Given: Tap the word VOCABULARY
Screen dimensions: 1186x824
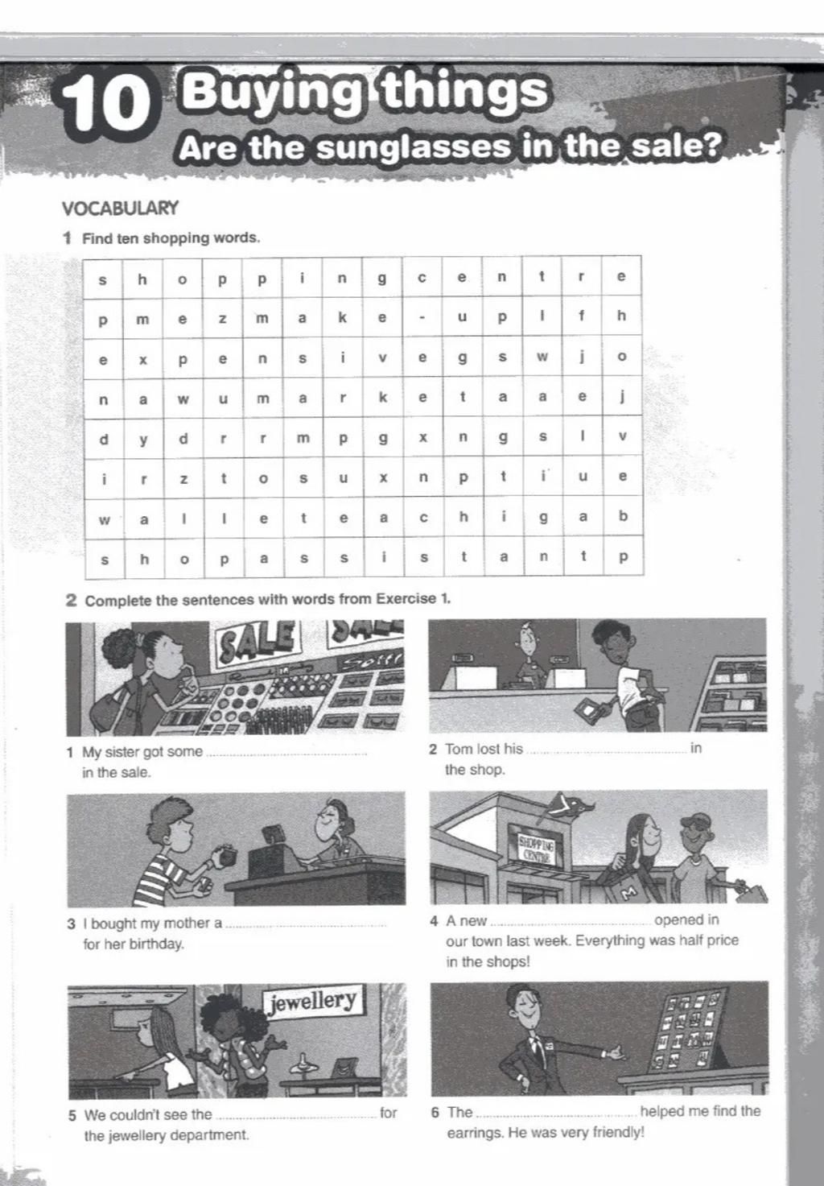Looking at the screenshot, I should pos(120,209).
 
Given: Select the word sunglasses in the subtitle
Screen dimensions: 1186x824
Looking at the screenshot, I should pos(413,147).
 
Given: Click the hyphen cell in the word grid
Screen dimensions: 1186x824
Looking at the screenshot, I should pos(422,316).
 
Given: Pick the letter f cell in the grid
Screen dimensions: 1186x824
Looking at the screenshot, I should pos(582,316).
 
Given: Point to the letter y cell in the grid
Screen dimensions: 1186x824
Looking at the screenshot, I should pos(143,438).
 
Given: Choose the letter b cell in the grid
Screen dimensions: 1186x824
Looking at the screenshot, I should pos(622,516).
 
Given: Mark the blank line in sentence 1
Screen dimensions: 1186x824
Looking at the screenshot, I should pos(286,754).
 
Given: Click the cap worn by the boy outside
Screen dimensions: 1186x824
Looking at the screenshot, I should pos(695,821).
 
